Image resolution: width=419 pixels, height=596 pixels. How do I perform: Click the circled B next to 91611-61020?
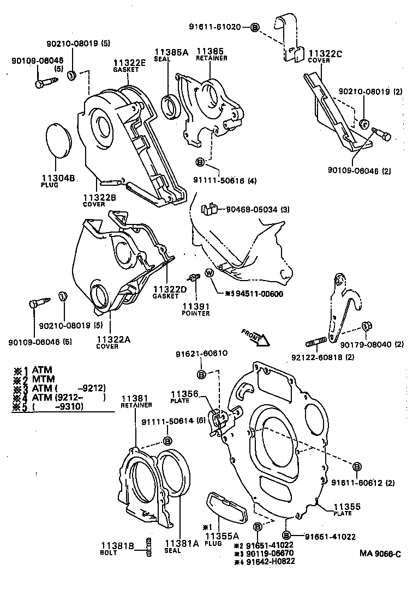[x=254, y=27]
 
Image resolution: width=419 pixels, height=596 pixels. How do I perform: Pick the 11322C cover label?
[x=326, y=53]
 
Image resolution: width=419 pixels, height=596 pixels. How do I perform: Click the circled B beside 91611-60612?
[x=356, y=466]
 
